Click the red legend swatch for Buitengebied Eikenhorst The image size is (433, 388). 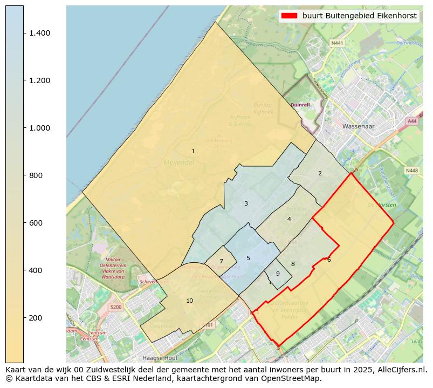pos(289,16)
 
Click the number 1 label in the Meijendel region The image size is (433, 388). pos(193,152)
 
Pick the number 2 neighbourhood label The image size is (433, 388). pos(320,173)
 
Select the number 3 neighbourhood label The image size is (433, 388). pos(246,203)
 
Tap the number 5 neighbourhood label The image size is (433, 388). pos(248,258)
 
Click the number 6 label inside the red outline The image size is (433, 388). pos(329,260)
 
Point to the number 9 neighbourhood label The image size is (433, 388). pos(278,274)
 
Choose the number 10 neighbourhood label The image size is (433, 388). pos(189,301)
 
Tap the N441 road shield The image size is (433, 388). pos(338,43)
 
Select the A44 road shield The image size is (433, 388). pos(413,121)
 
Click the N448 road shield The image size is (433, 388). pos(411,171)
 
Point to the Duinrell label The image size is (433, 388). pos(300,105)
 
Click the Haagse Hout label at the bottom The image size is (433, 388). pos(160,358)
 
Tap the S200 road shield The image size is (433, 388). pos(115,307)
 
